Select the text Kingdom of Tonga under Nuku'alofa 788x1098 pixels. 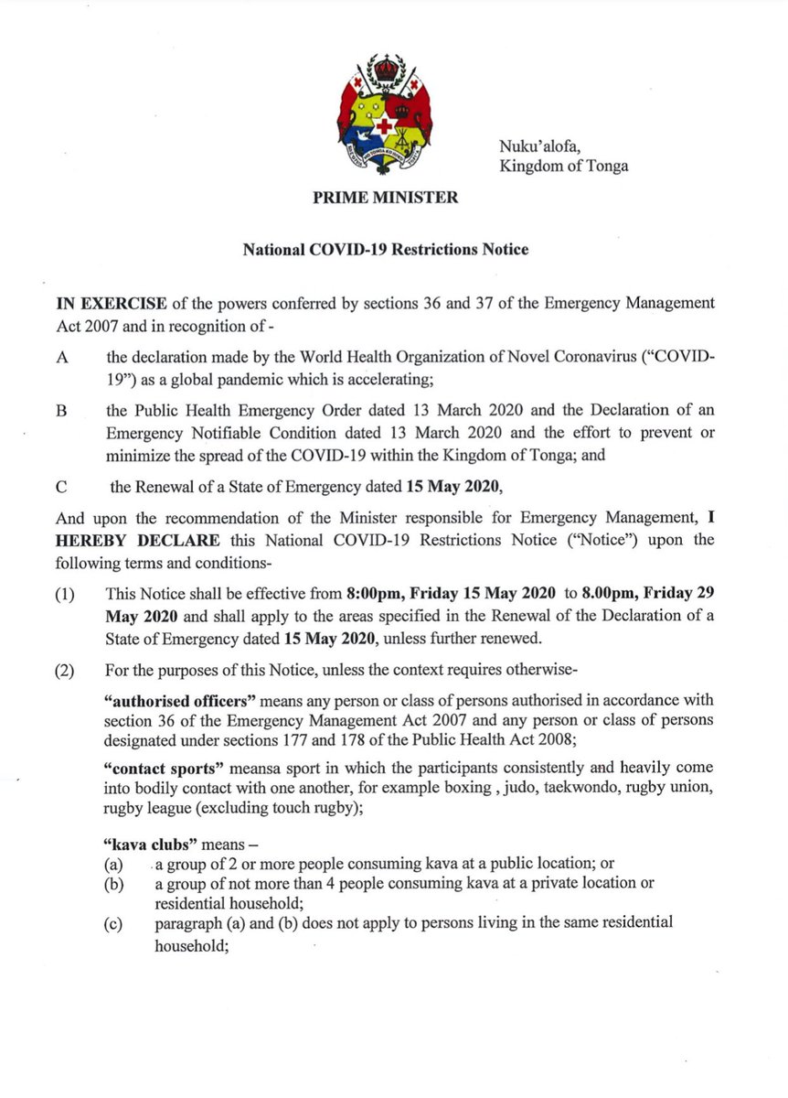563,167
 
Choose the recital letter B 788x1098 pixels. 61,413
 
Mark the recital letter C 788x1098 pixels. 61,488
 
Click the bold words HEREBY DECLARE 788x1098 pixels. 121,540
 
